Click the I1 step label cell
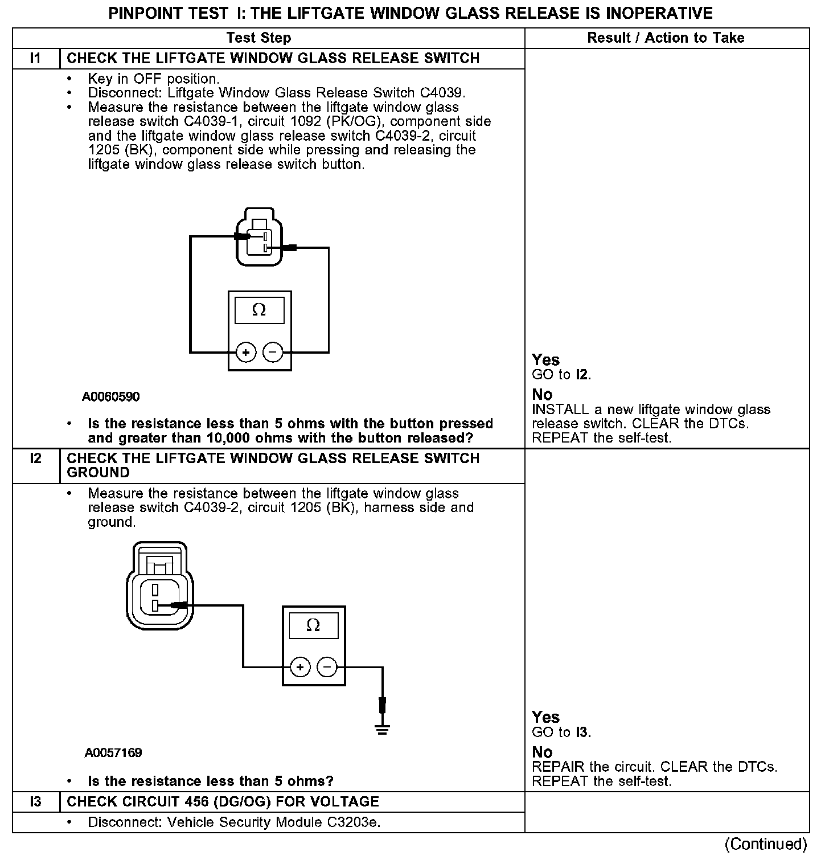coord(36,59)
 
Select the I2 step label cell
coord(36,458)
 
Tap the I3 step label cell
coord(36,802)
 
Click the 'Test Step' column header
coord(258,38)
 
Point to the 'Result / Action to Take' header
coord(666,38)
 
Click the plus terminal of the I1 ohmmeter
coord(245,353)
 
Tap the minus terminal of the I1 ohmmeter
coord(273,353)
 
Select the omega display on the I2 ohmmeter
coord(313,625)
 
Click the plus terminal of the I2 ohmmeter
coord(300,667)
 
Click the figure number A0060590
coord(111,396)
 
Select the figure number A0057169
coord(113,753)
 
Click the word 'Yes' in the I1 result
coord(545,360)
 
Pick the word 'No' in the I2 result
coord(542,752)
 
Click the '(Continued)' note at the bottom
coord(766,844)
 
